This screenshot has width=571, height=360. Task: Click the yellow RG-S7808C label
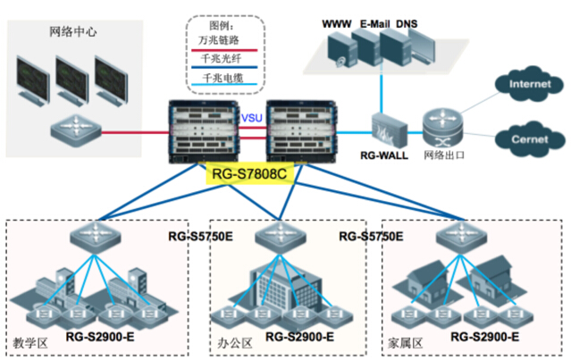pyautogui.click(x=250, y=173)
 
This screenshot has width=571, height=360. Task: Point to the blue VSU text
pyautogui.click(x=253, y=117)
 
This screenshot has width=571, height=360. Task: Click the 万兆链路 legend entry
pyautogui.click(x=214, y=40)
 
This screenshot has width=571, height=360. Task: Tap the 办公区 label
pyautogui.click(x=231, y=341)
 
